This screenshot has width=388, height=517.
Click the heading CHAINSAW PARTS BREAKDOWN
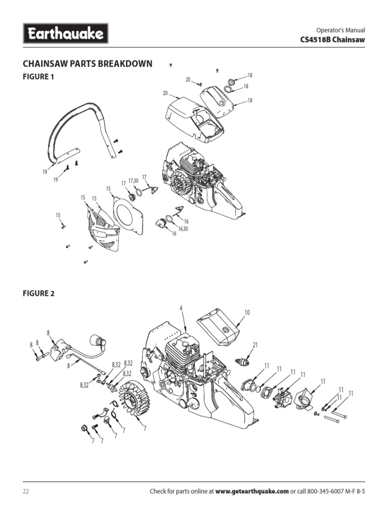pos(88,64)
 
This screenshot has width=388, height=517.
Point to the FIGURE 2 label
pos(38,294)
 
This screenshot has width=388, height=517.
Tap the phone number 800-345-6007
pos(321,491)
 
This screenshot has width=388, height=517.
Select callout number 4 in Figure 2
pos(180,307)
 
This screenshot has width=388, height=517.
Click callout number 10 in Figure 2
pos(247,313)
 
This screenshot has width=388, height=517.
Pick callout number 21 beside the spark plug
pos(255,345)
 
